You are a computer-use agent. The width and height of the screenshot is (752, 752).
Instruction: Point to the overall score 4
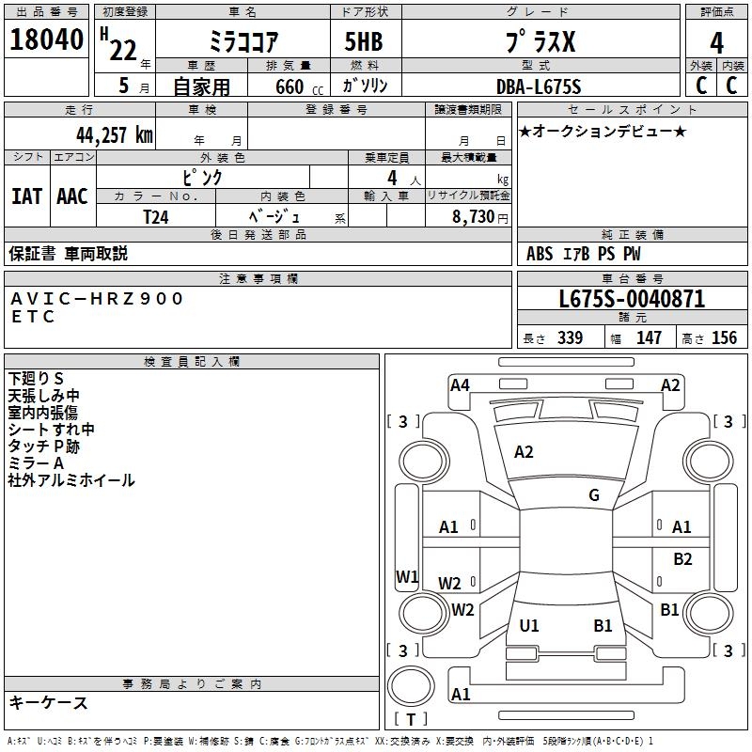(716, 43)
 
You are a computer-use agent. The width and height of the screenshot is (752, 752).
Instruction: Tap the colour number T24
(156, 216)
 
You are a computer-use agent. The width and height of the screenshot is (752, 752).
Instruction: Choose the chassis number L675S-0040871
(632, 300)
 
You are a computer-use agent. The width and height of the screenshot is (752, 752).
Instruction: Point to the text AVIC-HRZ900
(98, 299)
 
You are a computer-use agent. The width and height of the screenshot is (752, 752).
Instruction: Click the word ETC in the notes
(34, 317)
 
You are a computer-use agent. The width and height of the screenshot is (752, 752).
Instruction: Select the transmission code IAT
(26, 196)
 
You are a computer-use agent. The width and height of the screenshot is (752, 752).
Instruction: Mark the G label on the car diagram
(594, 495)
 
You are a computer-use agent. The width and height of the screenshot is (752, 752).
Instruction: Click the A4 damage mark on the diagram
(460, 384)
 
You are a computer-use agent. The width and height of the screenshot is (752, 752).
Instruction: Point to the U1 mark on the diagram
(529, 625)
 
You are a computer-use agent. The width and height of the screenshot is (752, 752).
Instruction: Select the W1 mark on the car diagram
(407, 576)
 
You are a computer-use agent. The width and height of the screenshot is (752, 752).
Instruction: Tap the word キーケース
(49, 703)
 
